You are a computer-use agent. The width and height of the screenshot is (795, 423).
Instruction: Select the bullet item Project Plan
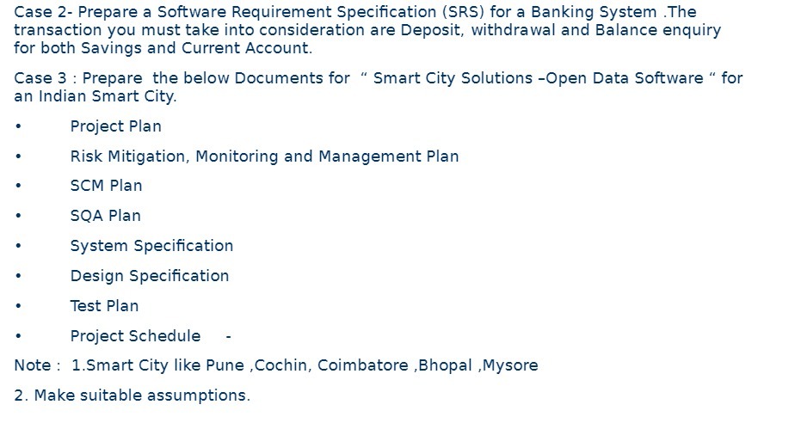[115, 126]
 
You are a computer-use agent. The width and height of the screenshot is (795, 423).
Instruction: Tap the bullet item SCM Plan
[106, 186]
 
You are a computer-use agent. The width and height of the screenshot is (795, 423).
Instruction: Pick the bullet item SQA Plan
[105, 216]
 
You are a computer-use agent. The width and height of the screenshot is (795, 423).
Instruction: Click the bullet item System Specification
[151, 246]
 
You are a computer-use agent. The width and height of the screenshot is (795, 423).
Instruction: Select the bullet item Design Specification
[150, 276]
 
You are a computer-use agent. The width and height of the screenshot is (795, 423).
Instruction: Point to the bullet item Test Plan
[104, 306]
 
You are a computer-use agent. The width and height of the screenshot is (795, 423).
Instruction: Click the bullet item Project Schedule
[135, 336]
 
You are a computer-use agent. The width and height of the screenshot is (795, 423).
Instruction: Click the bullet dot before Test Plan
[19, 306]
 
